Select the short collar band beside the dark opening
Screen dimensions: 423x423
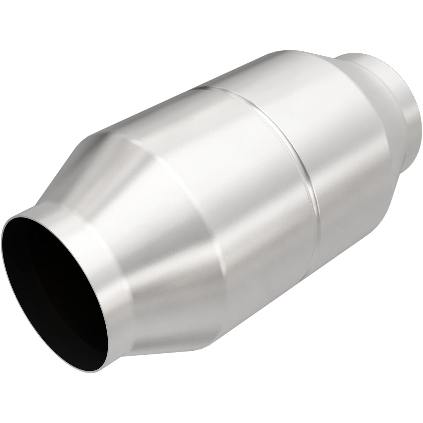[x=115, y=244]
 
